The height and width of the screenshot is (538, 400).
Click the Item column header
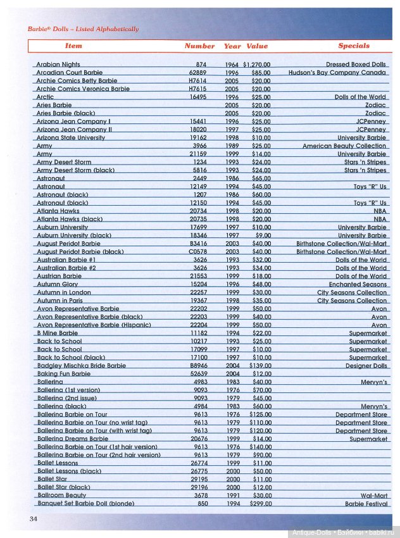click(73, 46)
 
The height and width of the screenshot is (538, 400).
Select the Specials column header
click(354, 46)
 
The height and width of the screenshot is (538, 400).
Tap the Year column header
click(232, 46)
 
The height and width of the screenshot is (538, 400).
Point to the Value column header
click(257, 46)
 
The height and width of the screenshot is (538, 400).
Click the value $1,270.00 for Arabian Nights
click(256, 65)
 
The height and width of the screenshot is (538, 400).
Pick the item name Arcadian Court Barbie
click(70, 73)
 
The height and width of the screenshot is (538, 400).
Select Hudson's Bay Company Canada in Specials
click(337, 73)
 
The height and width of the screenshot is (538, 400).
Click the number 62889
click(197, 73)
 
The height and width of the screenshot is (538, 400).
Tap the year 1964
click(232, 65)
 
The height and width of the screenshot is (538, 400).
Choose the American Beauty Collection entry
click(344, 146)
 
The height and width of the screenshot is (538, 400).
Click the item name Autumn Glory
click(58, 285)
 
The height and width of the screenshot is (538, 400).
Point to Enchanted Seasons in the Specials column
click(358, 285)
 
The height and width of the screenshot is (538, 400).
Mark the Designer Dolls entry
click(366, 366)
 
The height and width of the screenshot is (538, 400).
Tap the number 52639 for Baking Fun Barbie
click(197, 374)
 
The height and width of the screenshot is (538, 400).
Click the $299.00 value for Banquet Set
click(259, 504)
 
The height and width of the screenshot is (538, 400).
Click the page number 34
click(34, 519)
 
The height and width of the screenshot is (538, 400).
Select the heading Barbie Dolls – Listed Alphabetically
click(83, 29)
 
